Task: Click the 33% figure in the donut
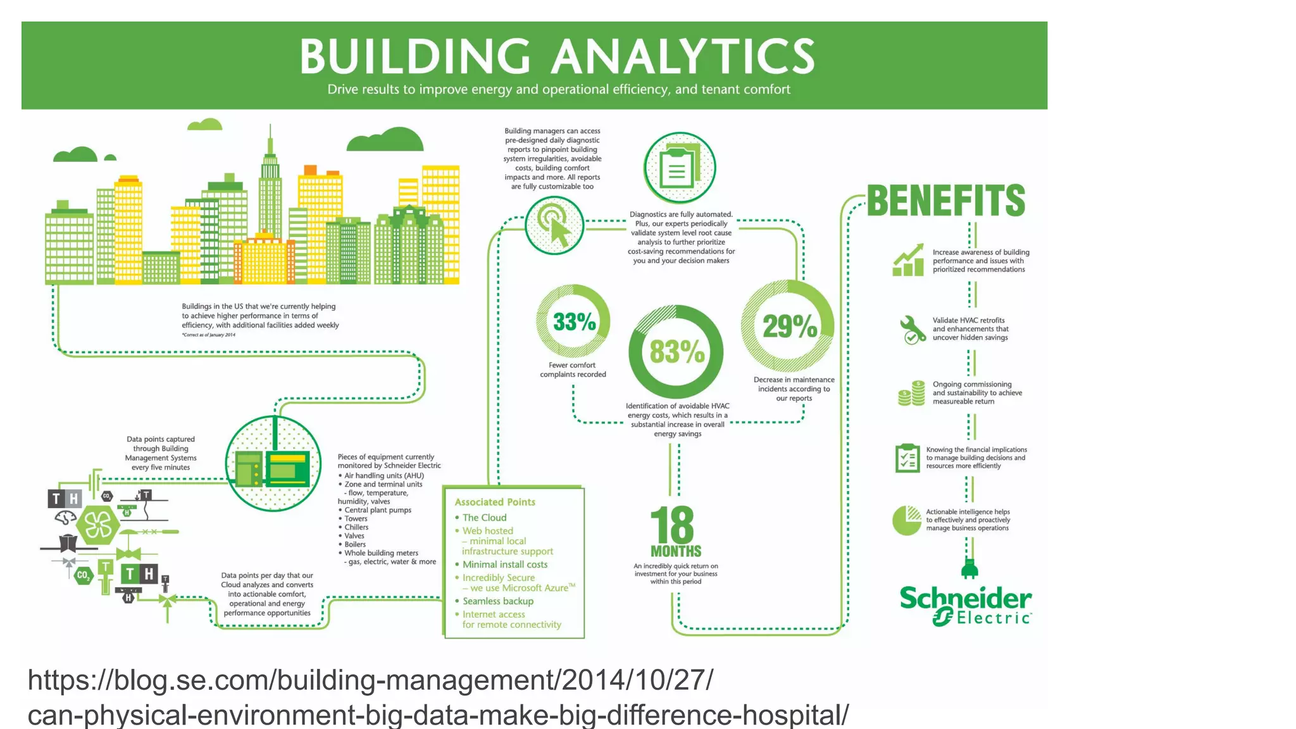(x=574, y=321)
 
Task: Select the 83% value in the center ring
(x=676, y=352)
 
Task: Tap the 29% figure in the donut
(x=789, y=327)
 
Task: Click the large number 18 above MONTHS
(x=672, y=525)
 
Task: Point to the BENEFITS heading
(x=945, y=201)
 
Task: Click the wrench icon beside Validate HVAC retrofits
(x=911, y=329)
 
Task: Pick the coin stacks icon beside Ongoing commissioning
(x=911, y=393)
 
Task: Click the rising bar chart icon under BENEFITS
(x=909, y=260)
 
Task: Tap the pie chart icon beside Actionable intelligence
(x=907, y=520)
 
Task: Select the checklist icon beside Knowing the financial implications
(x=907, y=458)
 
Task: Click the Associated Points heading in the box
(x=495, y=502)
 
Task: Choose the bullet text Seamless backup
(x=497, y=601)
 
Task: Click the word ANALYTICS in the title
(x=683, y=56)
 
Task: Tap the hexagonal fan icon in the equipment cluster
(x=98, y=525)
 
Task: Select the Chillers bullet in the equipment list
(x=356, y=527)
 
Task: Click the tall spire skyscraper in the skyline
(x=270, y=190)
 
